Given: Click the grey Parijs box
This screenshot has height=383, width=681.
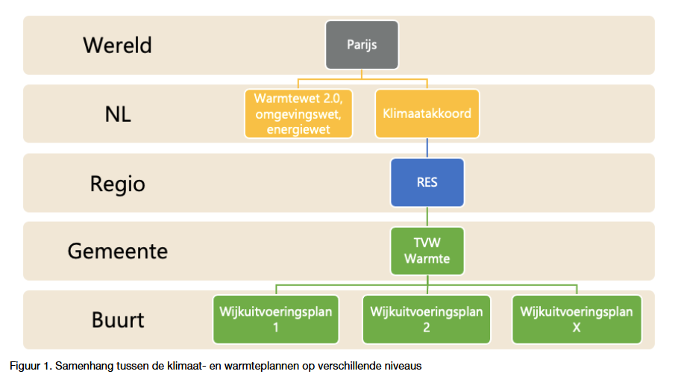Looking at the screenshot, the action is pos(362,45).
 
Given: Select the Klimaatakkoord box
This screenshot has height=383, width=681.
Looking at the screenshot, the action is pos(427,113).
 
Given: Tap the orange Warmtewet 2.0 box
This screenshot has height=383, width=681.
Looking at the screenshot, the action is pos(298,113).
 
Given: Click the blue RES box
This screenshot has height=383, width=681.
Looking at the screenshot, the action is pos(427,182).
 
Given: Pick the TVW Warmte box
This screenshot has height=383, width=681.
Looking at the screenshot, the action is pos(427,251).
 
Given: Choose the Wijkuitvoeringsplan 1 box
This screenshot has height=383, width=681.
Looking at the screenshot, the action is pos(276,320).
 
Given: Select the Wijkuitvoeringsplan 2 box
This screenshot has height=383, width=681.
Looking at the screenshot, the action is pos(427,320).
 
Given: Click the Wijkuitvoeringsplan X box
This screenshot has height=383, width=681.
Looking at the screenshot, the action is pos(577,320).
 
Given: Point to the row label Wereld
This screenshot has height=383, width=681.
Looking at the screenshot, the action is pos(117,46).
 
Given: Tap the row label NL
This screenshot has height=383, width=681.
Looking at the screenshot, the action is pos(118,114).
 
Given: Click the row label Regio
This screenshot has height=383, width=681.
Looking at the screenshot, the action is pos(117,184).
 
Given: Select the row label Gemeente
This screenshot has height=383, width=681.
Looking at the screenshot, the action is pos(117,252).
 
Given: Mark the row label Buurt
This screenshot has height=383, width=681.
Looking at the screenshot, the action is pos(118,320).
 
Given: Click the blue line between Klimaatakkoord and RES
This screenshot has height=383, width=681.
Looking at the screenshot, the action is pos(427,149).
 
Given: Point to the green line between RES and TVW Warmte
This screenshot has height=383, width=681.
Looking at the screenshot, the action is pos(427,217).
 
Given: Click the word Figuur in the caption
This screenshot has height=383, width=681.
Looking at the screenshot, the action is pos(25,366).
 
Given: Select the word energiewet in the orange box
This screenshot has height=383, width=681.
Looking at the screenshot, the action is pos(298,130).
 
